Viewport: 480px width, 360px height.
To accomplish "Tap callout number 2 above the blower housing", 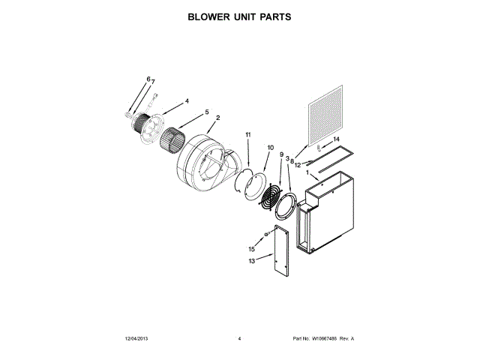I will [217, 118].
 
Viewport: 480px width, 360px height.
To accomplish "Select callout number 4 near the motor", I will [187, 100].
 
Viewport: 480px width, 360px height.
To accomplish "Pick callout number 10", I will [270, 148].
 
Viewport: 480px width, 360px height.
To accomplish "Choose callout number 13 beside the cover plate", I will [251, 260].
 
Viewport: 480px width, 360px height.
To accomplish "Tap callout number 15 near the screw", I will [251, 248].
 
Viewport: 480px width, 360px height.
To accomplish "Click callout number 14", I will [337, 139].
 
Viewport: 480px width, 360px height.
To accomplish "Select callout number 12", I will [298, 164].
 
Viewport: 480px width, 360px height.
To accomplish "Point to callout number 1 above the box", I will [306, 174].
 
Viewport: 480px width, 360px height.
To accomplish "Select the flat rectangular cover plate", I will [281, 248].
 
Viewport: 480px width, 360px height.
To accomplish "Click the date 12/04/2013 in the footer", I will [136, 339].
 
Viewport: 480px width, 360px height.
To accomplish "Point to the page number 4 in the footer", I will [239, 339].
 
